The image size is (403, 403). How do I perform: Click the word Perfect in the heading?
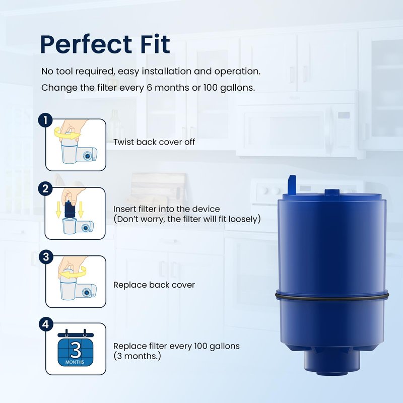(86, 44)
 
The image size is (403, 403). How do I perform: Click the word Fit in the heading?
(156, 44)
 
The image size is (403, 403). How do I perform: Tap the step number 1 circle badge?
(45, 120)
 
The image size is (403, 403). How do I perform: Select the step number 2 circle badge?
(45, 189)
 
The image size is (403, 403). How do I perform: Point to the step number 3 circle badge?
(46, 257)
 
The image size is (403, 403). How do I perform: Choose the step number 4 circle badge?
(46, 324)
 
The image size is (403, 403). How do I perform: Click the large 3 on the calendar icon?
(76, 350)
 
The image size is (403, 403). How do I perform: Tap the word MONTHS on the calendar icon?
(75, 362)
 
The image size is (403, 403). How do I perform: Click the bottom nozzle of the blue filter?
(331, 362)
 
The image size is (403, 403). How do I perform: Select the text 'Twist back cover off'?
(154, 142)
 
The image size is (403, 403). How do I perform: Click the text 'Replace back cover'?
(154, 285)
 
